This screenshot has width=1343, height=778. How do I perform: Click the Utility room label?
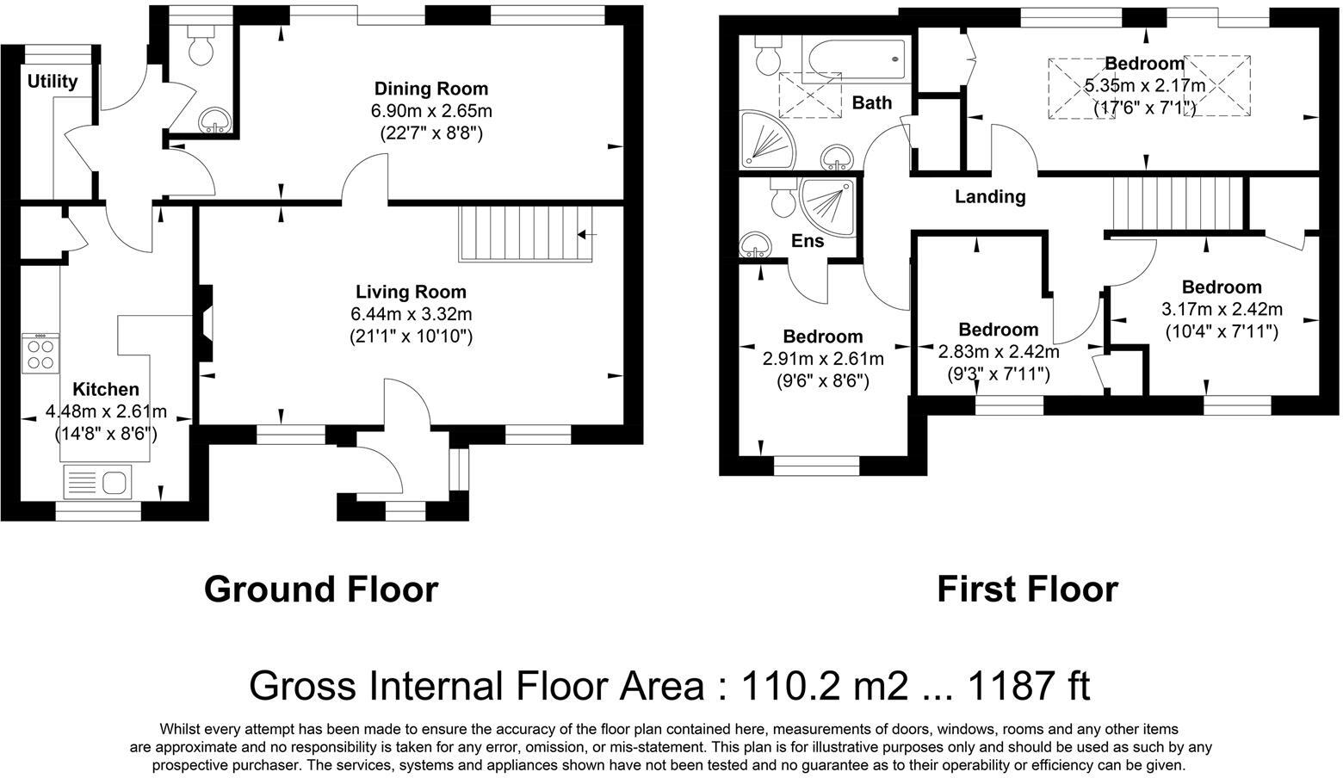point(53,82)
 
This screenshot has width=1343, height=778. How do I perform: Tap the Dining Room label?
point(430,89)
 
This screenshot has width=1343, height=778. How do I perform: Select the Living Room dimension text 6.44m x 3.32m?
point(411,314)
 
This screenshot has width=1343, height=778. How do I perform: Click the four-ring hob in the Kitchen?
point(40,353)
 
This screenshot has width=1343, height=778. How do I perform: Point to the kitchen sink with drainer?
point(97,481)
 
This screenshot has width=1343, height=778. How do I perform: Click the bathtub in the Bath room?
point(856,59)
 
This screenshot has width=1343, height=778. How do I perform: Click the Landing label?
point(990,197)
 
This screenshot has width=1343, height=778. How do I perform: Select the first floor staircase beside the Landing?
point(1178,203)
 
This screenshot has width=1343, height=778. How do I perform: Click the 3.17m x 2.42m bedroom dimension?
point(1222,309)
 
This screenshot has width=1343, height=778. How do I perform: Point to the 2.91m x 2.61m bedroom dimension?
point(823,359)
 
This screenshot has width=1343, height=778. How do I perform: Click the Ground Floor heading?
point(321,590)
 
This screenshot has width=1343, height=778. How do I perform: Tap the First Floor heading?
point(1027,590)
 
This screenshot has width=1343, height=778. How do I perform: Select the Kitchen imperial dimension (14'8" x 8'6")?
point(106,434)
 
